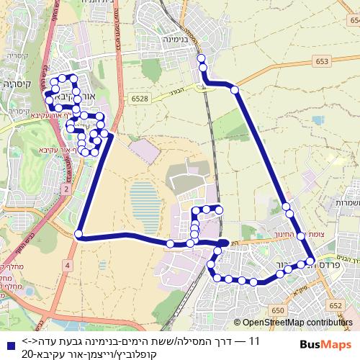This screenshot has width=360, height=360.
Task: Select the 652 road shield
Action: [337, 286]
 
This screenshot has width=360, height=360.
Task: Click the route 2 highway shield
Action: [66, 188]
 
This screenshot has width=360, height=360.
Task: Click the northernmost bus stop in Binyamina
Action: [202, 58]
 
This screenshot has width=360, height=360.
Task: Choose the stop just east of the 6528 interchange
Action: [235, 89]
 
